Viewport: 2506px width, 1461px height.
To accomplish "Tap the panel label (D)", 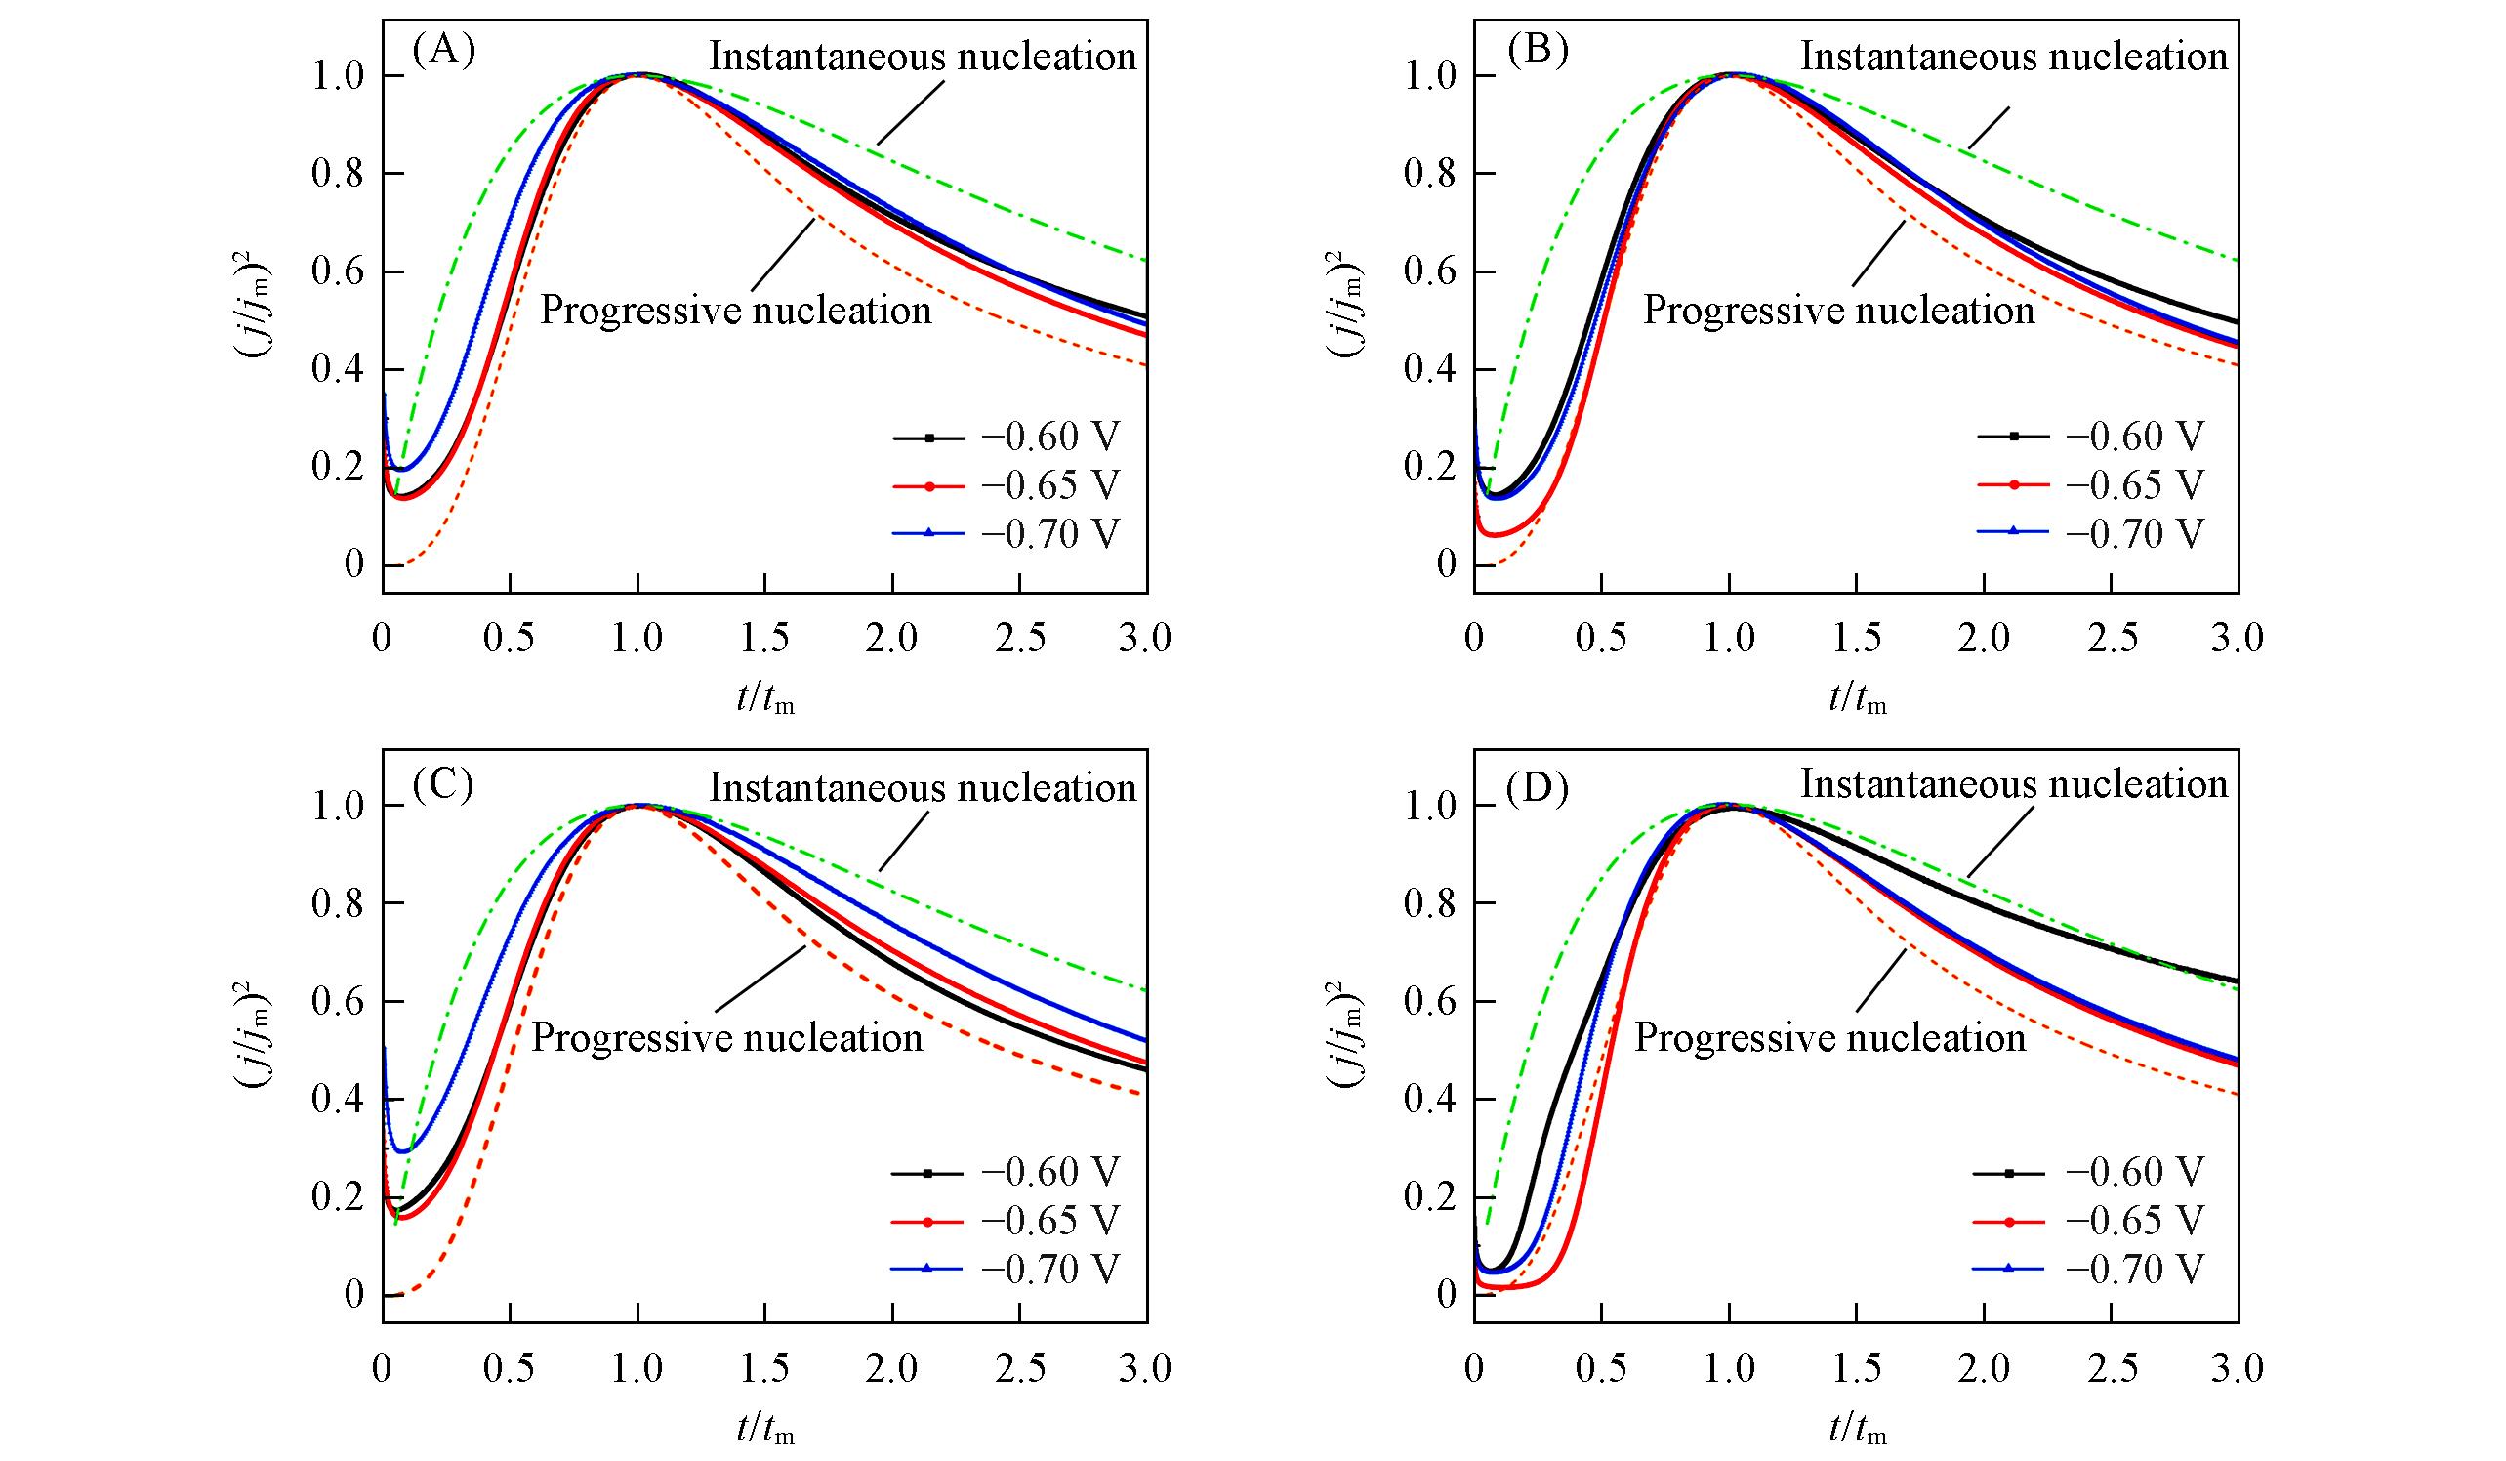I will tap(1538, 786).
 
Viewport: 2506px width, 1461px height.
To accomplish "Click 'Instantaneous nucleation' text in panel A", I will tap(922, 57).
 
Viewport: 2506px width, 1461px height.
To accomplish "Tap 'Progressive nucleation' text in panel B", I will tap(1838, 311).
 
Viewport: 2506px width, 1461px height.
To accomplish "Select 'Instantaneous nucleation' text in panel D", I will tap(2014, 785).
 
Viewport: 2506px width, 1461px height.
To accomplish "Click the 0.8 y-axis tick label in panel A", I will tap(339, 174).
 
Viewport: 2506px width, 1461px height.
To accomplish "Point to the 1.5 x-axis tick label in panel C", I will tap(763, 1368).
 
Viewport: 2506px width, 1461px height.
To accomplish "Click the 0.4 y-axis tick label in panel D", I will tap(1431, 1099).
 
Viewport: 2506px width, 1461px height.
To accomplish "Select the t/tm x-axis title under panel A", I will tap(765, 701).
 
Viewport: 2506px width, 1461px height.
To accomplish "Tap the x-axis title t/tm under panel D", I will tap(1858, 1430).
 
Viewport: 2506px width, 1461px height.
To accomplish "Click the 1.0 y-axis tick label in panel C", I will tap(339, 806).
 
